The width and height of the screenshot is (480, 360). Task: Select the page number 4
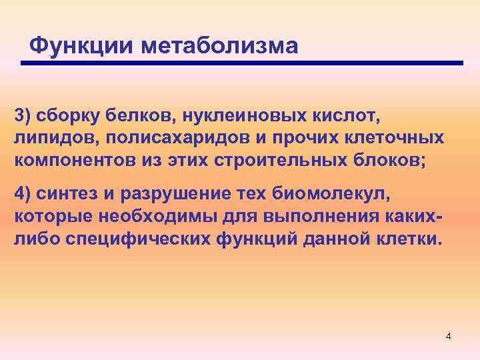[448, 336]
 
